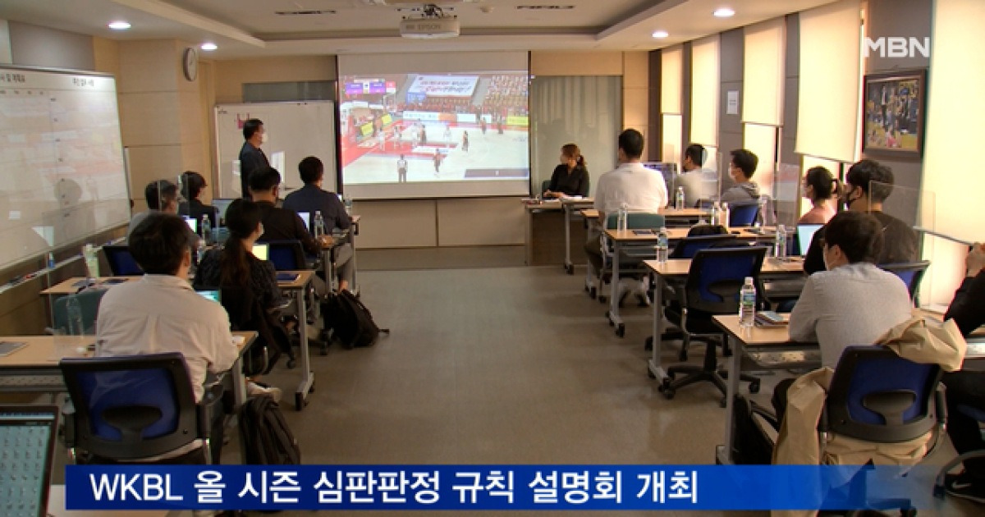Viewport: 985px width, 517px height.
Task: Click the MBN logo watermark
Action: (897, 47)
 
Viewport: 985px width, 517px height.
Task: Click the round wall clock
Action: (190, 64)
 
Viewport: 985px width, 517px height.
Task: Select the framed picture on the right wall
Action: (894, 112)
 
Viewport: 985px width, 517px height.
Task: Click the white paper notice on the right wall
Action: (732, 102)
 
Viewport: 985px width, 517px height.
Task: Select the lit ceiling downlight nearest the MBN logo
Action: (723, 12)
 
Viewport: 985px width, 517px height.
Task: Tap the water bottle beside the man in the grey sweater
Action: (747, 302)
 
